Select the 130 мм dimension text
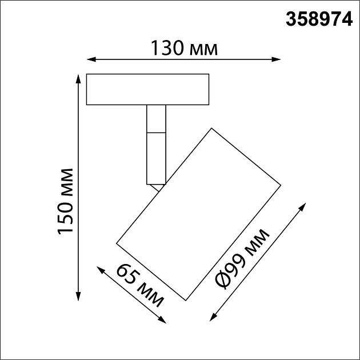click(183, 49)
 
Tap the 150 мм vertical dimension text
click(65, 201)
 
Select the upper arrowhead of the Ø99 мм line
click(303, 205)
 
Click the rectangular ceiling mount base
click(147, 90)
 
